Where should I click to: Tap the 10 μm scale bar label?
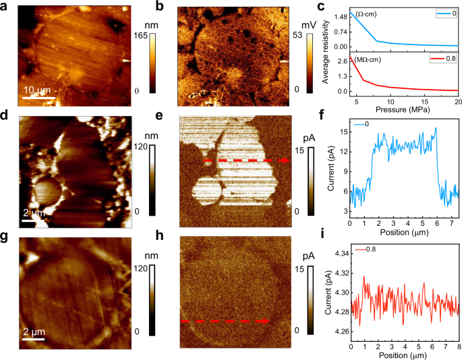(x=34, y=89)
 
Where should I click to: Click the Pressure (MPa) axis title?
(x=403, y=110)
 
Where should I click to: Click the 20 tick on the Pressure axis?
(x=458, y=102)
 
